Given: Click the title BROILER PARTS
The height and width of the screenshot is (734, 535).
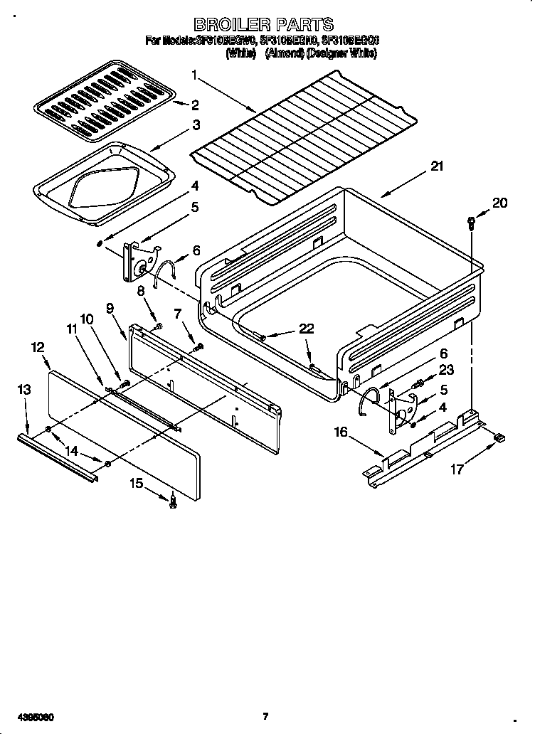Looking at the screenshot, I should pos(263,26).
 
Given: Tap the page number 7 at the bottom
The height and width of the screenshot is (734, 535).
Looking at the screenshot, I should pos(265,715).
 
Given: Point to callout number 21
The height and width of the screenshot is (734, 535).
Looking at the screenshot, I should pos(437,167).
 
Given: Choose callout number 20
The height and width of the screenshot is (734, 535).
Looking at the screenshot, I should pos(500,203).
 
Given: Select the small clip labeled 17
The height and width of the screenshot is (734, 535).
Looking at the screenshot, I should pos(499,438).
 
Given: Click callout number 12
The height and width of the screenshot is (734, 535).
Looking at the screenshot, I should pos(38,347).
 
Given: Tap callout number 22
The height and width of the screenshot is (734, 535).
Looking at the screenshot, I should pos(306,328).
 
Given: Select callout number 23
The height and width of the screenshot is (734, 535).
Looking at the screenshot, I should pos(446,369).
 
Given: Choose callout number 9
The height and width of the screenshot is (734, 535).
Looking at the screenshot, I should pos(110,308).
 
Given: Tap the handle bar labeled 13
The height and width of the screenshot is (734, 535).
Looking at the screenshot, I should pos(57,457).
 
